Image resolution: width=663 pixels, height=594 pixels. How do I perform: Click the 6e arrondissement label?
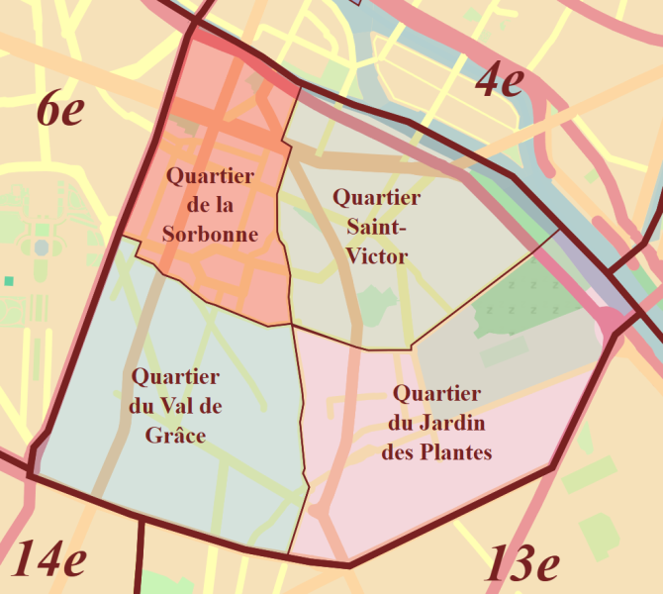(x=60, y=109)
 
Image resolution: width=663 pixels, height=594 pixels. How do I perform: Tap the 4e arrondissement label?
(x=499, y=80)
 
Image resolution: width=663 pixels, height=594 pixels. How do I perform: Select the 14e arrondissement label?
(x=48, y=560)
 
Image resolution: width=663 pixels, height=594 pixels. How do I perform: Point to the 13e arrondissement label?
(x=521, y=565)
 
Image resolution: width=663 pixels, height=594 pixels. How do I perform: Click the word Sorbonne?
(x=210, y=235)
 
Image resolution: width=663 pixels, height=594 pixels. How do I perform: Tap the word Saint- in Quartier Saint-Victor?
(x=376, y=228)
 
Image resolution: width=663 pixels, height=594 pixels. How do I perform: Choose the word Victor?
(x=376, y=257)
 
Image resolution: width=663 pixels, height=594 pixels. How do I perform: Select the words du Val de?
(x=175, y=405)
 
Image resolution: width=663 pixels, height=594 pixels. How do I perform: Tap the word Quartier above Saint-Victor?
(x=376, y=198)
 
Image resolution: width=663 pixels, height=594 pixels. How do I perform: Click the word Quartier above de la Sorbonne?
(x=210, y=176)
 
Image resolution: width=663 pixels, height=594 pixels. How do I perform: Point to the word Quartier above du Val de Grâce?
(x=175, y=377)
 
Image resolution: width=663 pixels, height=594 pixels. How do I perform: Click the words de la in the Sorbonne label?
(x=210, y=206)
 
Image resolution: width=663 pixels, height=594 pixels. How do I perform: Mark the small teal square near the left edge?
(x=9, y=281)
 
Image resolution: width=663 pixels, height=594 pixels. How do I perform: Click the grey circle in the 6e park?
(x=41, y=247)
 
